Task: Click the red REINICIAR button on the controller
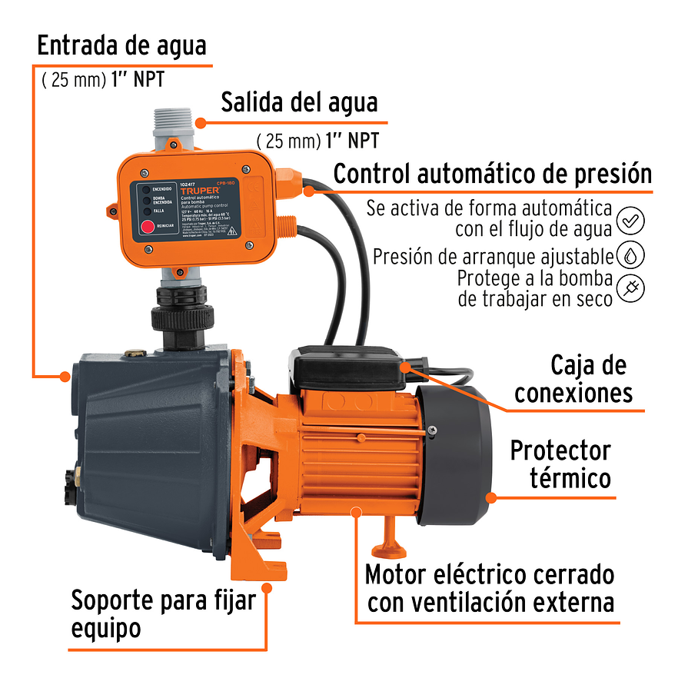point(145,226)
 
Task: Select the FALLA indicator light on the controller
point(144,209)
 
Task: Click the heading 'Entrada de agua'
point(121,45)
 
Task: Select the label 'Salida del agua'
point(299,102)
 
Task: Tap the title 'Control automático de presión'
point(492,174)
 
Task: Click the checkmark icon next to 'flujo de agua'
point(630,219)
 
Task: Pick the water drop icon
point(630,254)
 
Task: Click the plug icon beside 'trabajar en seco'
point(630,287)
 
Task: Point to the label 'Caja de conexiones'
point(572,378)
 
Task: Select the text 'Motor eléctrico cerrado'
point(489,574)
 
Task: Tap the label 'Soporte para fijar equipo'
point(161,613)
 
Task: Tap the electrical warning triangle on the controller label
point(254,232)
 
